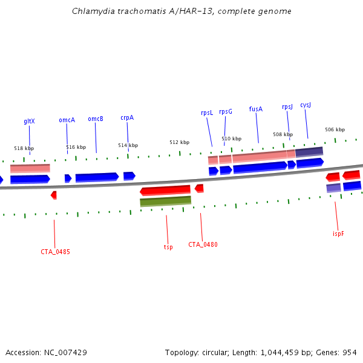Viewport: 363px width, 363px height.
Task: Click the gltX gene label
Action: tap(29, 121)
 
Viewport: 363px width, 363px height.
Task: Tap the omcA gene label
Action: tap(67, 120)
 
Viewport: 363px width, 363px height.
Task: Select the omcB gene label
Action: tap(96, 119)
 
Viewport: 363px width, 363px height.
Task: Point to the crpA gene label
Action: tap(127, 118)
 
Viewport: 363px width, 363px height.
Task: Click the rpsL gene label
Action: tap(207, 113)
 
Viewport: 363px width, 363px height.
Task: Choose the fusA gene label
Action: tap(256, 110)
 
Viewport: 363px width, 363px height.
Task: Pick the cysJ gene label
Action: tap(306, 105)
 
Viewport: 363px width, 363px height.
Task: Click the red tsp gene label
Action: tap(168, 247)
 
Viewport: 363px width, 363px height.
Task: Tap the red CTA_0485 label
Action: tap(55, 252)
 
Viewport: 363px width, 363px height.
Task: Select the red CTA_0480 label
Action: tap(203, 244)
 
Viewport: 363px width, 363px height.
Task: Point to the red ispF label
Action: tap(338, 234)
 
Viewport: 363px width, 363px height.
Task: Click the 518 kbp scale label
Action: tap(24, 148)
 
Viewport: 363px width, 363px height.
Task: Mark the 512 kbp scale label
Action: tap(179, 142)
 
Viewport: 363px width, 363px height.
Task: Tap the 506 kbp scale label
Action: tap(335, 129)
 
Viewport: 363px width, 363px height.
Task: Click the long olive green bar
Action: tap(165, 201)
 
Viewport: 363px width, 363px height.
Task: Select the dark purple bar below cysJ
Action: tap(309, 151)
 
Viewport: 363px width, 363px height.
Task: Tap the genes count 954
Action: tap(350, 352)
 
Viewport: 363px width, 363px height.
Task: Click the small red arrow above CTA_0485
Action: tap(54, 195)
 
